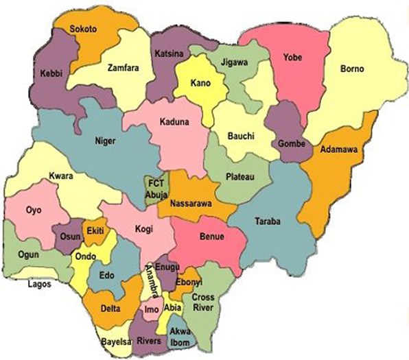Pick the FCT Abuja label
point(154,188)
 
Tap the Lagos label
point(39,283)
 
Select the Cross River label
point(203,302)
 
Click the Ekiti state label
point(95,232)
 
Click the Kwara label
point(61,176)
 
